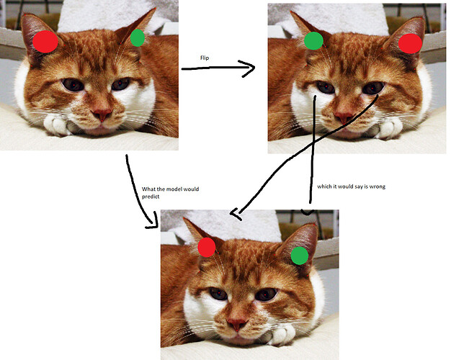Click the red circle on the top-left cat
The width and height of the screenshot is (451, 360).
45,42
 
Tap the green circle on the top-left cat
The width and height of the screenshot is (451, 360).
138,37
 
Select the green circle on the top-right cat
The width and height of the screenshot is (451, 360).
313,41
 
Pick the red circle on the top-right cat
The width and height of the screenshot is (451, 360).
410,43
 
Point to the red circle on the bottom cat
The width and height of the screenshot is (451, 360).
207,247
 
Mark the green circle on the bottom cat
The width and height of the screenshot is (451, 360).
300,256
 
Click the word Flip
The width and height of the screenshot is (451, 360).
205,58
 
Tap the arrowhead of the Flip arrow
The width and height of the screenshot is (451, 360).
249,68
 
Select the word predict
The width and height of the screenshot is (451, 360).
151,197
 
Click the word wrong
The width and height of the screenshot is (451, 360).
378,186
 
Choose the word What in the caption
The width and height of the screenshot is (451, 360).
148,189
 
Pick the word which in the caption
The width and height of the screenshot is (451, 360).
324,186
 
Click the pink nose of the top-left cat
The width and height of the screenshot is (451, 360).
102,114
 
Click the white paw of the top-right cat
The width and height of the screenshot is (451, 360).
388,129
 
